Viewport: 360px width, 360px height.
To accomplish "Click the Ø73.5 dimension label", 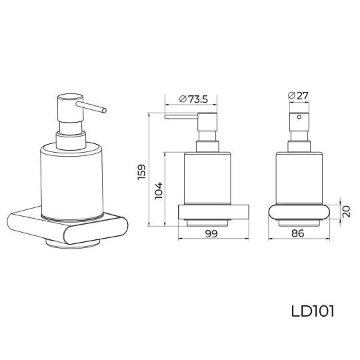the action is pyautogui.click(x=193, y=99).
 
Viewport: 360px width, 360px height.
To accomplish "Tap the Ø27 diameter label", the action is pyautogui.click(x=298, y=95).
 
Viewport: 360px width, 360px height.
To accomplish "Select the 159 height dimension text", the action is pyautogui.click(x=141, y=172).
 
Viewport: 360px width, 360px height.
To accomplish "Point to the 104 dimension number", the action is pyautogui.click(x=159, y=191).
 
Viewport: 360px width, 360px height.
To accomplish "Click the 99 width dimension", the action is pyautogui.click(x=211, y=233).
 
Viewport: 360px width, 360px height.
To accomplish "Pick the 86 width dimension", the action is pyautogui.click(x=298, y=233).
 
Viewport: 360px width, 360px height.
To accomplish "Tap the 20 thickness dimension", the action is pyautogui.click(x=346, y=211).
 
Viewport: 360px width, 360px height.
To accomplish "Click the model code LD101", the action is pyautogui.click(x=313, y=311).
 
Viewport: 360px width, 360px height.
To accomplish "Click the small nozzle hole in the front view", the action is pyautogui.click(x=299, y=117).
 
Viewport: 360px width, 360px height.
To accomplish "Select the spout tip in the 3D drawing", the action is pyautogui.click(x=105, y=111).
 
